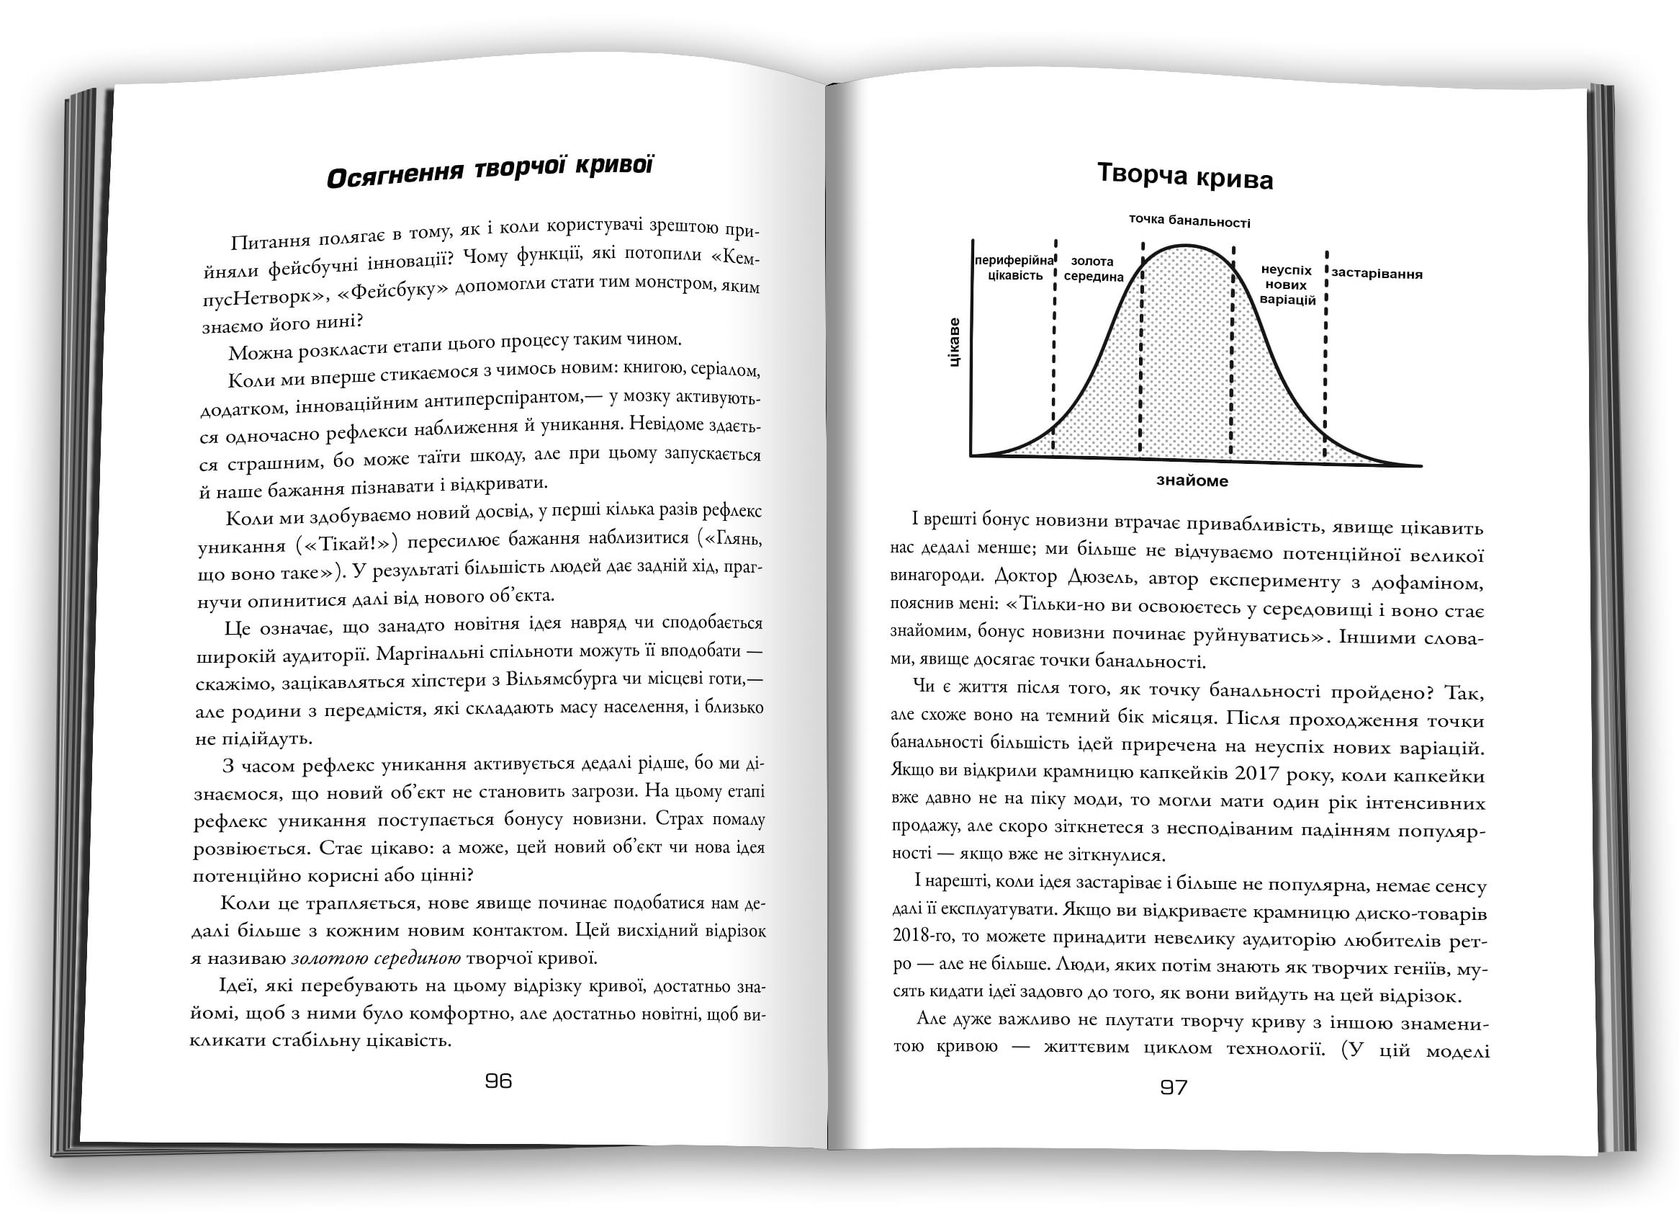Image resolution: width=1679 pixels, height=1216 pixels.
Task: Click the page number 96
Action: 498,1081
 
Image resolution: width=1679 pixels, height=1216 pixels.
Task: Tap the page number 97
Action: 1174,1087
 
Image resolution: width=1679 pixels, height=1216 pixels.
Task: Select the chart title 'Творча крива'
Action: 1184,177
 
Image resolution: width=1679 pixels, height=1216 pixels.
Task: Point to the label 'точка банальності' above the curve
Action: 1189,221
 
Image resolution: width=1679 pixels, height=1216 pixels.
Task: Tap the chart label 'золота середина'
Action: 1094,269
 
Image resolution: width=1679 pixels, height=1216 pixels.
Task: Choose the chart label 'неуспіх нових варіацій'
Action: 1287,286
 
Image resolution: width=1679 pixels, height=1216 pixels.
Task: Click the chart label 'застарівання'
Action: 1377,274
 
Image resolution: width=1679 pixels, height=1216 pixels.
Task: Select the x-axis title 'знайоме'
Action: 1192,481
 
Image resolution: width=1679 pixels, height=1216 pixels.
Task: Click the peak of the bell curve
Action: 1186,245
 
